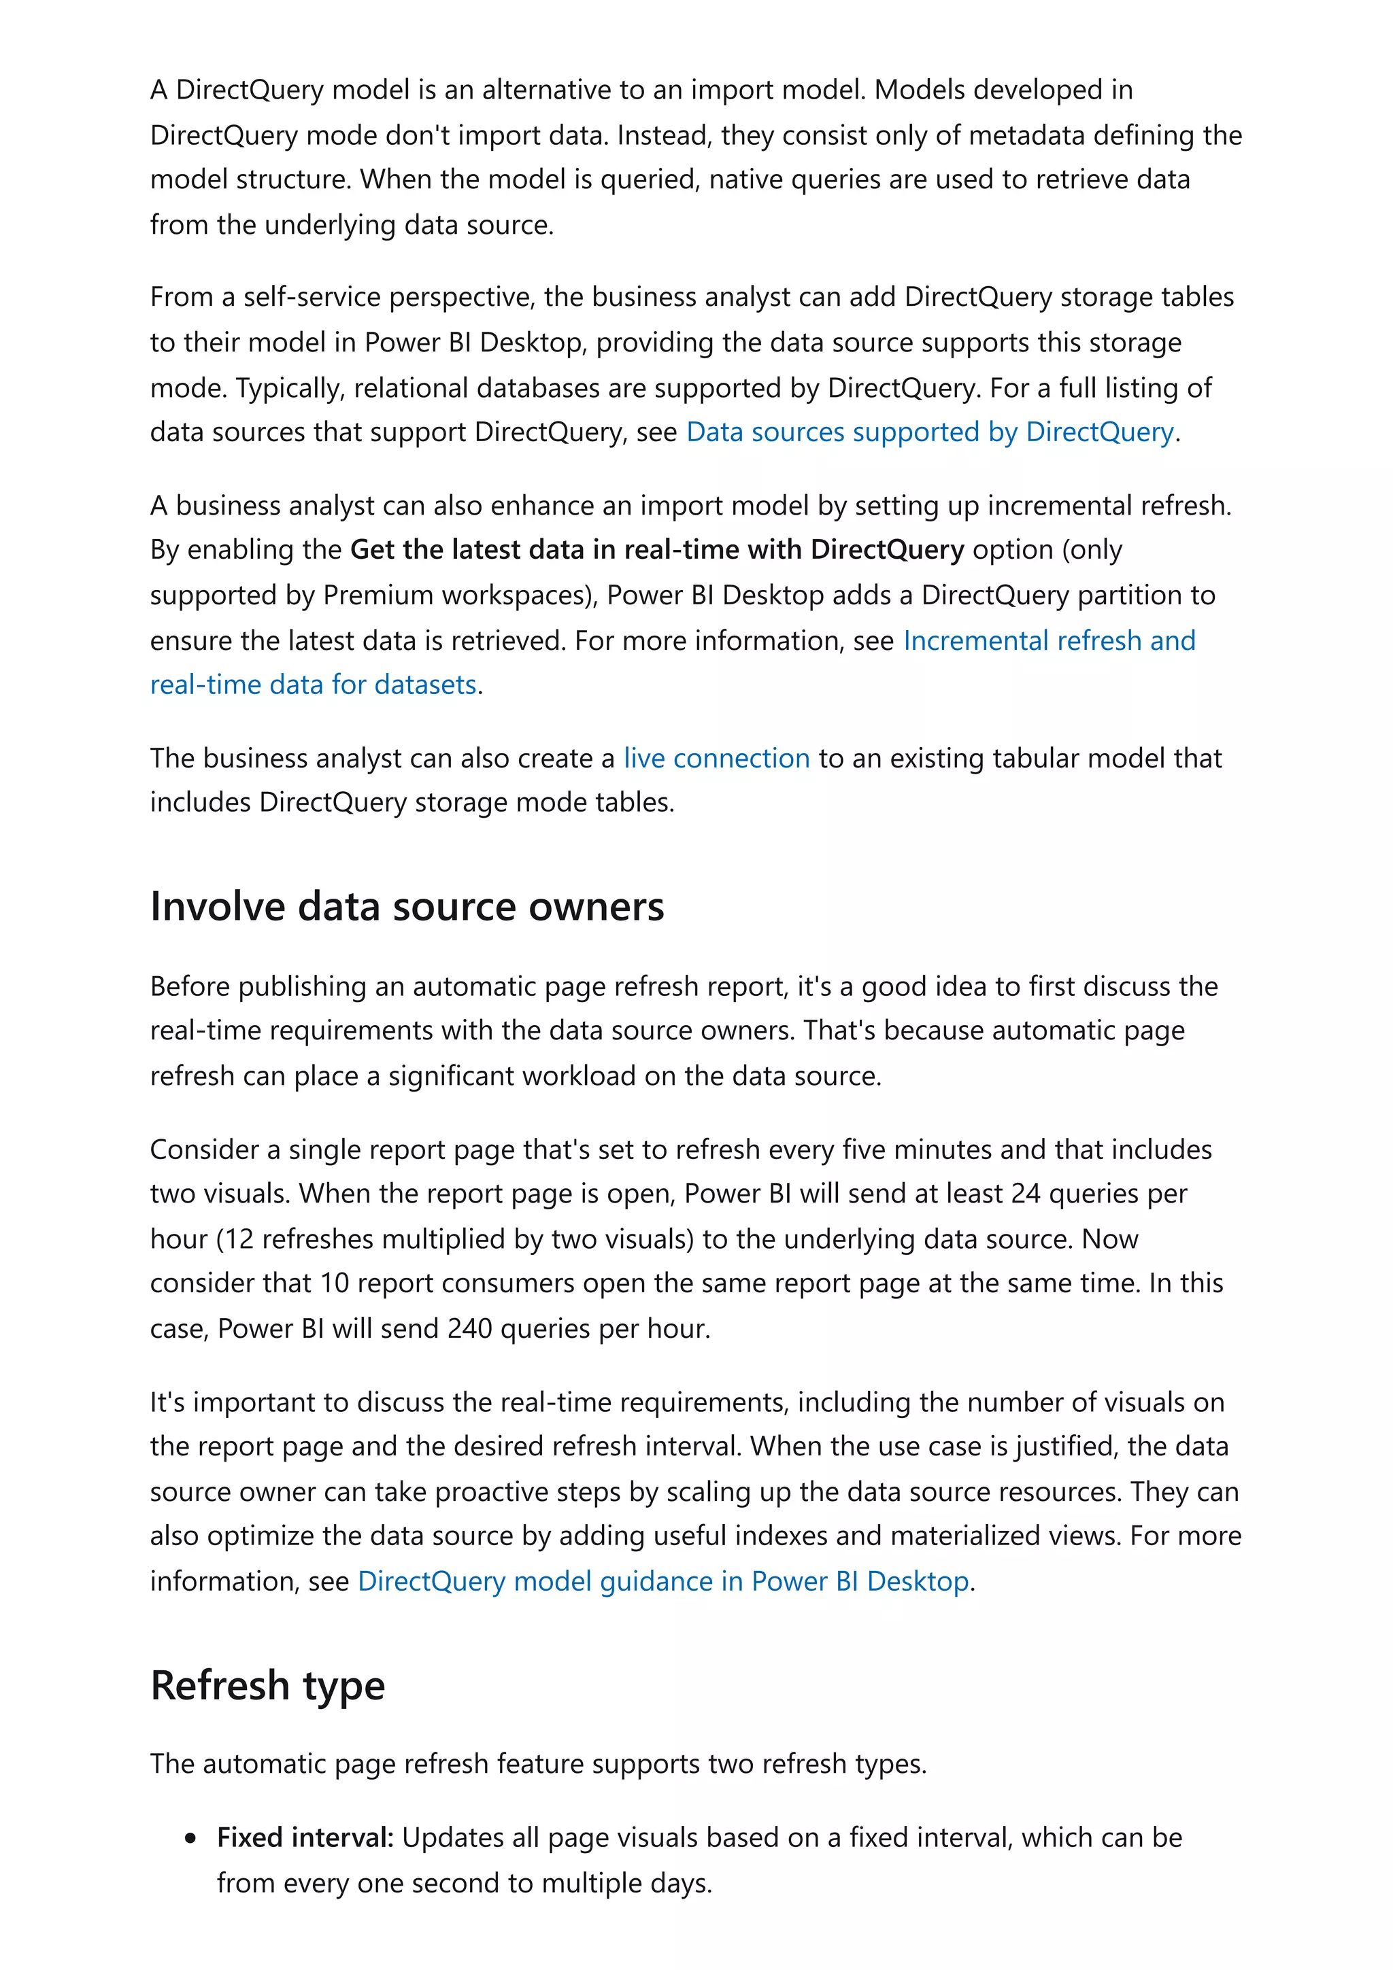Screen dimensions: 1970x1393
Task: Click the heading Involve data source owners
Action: (407, 907)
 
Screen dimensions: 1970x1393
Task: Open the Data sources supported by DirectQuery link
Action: (930, 432)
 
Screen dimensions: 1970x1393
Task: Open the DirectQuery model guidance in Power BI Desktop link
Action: (662, 1581)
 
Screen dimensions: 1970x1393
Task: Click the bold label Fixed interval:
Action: (305, 1837)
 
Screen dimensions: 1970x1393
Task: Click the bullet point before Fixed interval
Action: (190, 1839)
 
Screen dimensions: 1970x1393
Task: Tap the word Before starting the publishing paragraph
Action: (190, 987)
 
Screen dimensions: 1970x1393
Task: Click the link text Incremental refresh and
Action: (1049, 640)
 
